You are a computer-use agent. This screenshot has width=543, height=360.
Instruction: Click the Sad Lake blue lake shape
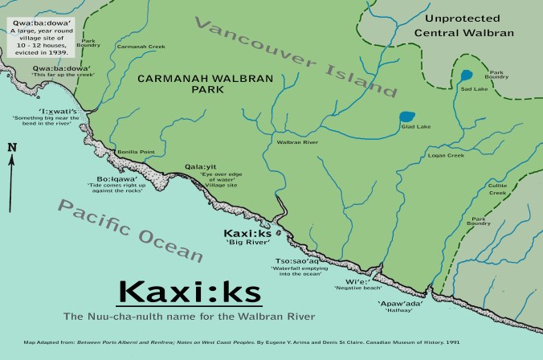click(467, 77)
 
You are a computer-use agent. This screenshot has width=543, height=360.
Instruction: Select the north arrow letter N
click(11, 147)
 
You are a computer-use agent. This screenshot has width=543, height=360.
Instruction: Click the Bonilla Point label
click(135, 151)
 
